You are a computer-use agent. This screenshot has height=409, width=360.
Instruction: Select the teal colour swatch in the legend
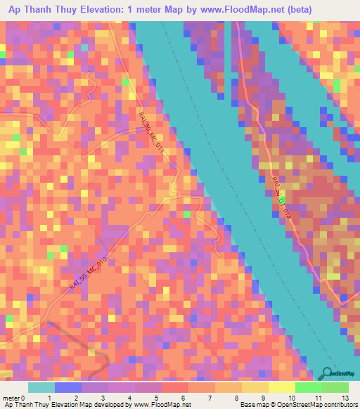pos(41,387)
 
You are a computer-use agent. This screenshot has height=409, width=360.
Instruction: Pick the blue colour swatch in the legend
pos(68,387)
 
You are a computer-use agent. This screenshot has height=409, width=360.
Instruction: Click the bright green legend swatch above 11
pos(309,387)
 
